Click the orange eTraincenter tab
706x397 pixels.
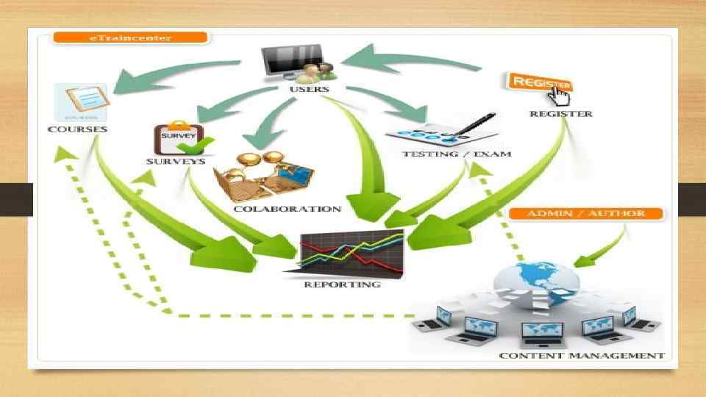click(x=131, y=37)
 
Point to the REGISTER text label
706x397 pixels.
click(x=561, y=114)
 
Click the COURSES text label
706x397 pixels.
click(x=77, y=129)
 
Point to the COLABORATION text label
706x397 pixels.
click(x=287, y=209)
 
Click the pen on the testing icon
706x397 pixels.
click(x=476, y=123)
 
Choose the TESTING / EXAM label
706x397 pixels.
click(x=456, y=154)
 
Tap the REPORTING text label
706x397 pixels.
click(x=342, y=284)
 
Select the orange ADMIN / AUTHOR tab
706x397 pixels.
click(x=586, y=214)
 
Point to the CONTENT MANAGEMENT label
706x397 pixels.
click(x=581, y=356)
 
